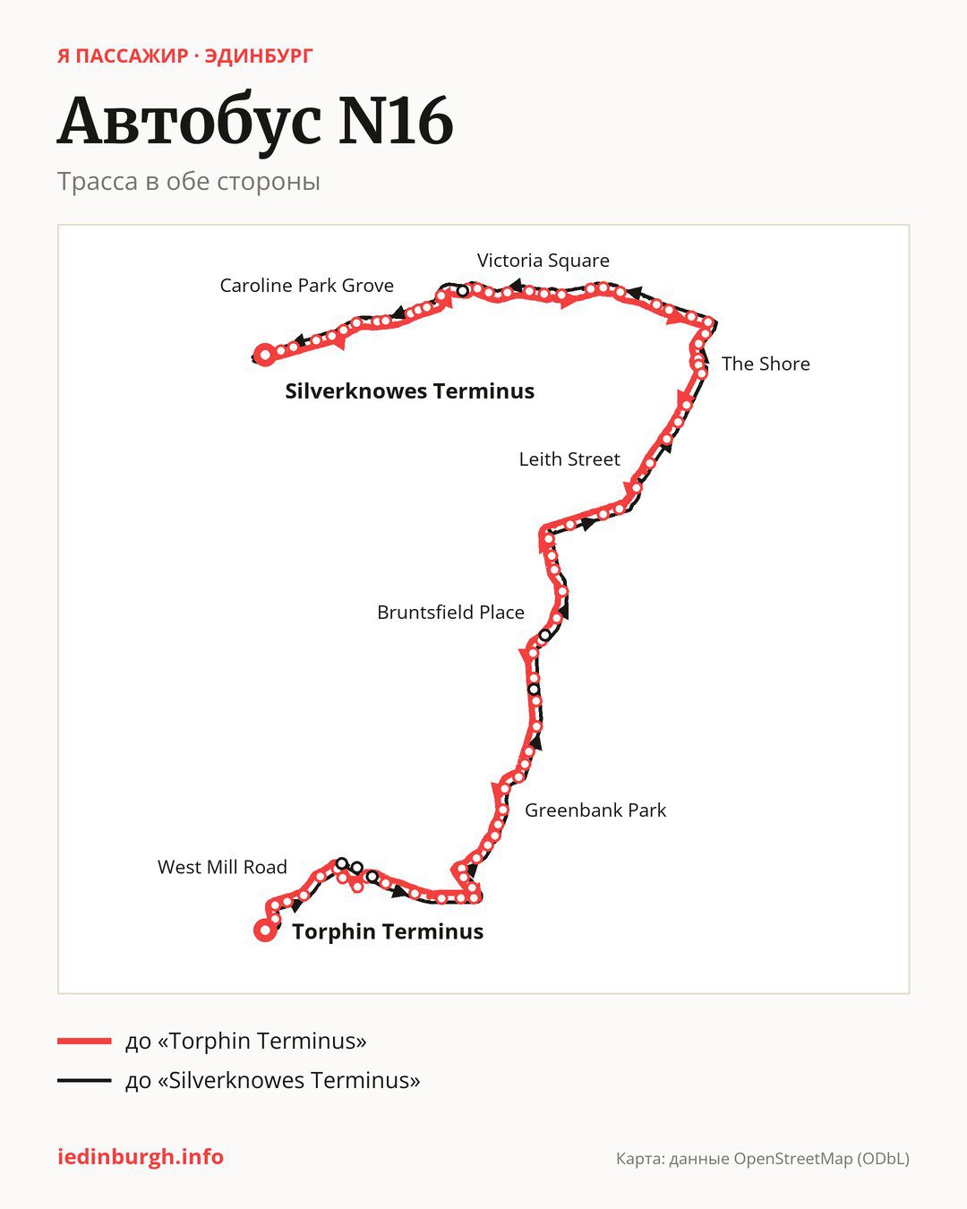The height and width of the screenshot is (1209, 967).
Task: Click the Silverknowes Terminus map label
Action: click(409, 391)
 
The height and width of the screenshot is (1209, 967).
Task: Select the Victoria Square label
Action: click(543, 261)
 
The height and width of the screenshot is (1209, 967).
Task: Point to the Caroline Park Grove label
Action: click(307, 286)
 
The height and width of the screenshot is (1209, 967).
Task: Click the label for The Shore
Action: click(766, 364)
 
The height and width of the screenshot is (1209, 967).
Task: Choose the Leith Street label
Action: click(569, 459)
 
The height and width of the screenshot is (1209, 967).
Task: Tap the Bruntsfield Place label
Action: click(450, 612)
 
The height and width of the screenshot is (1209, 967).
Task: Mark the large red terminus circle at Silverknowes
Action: click(264, 355)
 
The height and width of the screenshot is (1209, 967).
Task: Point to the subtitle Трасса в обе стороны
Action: click(189, 182)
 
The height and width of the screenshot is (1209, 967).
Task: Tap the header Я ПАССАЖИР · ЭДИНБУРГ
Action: click(184, 56)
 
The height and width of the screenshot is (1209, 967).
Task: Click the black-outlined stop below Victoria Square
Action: click(462, 291)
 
